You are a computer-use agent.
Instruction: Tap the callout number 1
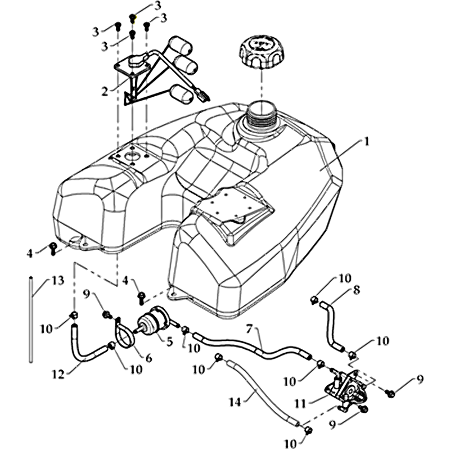[366, 142]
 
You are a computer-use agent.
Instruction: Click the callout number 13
[58, 280]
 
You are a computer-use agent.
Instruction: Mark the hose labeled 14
[264, 394]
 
